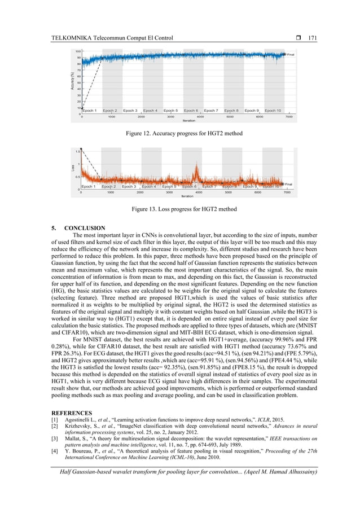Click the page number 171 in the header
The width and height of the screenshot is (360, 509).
tap(312, 38)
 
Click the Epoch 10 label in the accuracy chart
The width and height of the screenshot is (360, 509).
tap(273, 111)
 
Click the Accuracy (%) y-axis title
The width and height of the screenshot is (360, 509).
tap(72, 83)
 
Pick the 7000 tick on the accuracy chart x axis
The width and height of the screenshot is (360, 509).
tap(289, 117)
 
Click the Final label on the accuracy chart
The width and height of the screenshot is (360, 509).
tap(291, 54)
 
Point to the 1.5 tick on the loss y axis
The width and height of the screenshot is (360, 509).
tap(77, 151)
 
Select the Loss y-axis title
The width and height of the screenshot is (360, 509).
tap(72, 168)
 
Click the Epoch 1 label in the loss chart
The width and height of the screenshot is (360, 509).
tap(89, 186)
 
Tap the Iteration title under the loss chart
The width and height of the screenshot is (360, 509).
tap(187, 196)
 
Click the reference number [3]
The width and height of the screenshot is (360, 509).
tap(55, 438)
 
